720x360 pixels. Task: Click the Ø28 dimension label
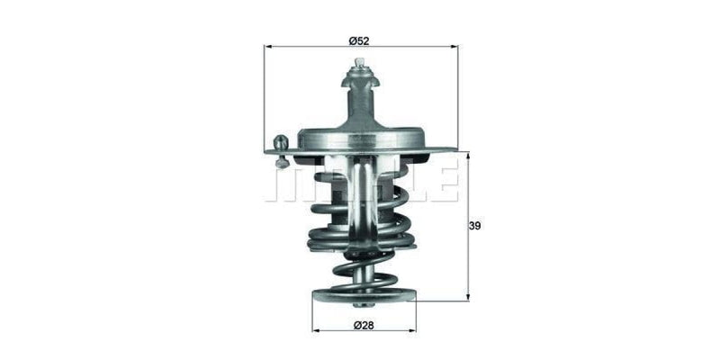[363, 324]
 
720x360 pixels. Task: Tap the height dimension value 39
[476, 226]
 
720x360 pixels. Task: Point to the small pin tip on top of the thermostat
[360, 63]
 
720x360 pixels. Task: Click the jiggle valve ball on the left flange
[281, 142]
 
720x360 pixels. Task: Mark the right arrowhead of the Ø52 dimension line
[454, 49]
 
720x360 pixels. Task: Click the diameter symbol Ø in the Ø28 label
[357, 324]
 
